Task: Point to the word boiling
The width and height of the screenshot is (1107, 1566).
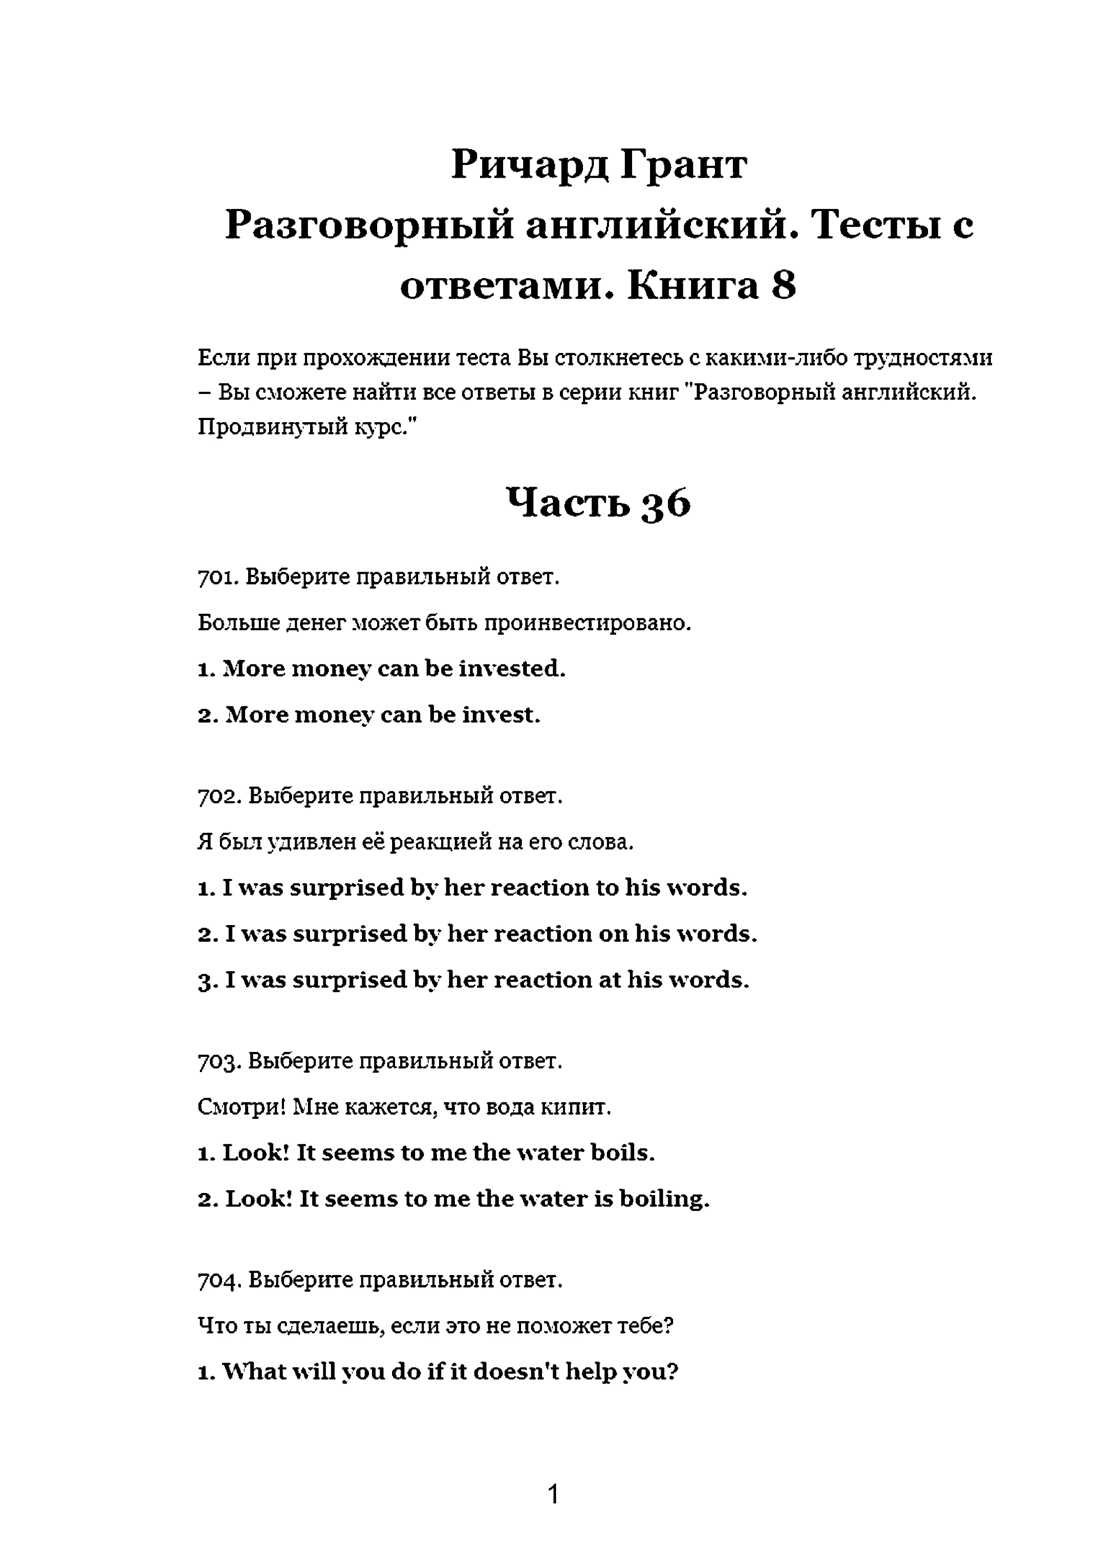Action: (664, 1199)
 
